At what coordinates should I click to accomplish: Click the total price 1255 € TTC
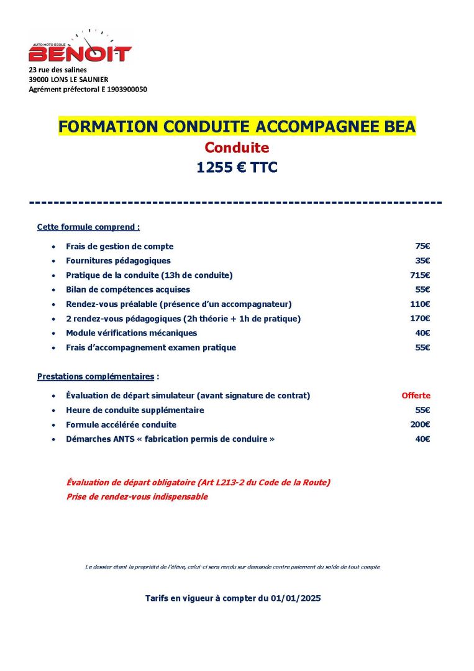coord(237,168)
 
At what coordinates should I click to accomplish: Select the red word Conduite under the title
coord(237,148)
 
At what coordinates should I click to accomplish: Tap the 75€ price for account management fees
coord(422,247)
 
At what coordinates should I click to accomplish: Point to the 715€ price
coord(420,275)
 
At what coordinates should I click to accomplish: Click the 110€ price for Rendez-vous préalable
coord(420,304)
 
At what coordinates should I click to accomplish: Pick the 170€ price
coord(420,319)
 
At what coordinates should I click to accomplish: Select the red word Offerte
coord(416,396)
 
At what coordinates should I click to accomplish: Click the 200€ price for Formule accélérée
coord(420,425)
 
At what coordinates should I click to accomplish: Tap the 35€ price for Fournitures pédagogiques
coord(422,261)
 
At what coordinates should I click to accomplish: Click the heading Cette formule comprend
coord(88,227)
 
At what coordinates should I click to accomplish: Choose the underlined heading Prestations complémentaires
coord(96,377)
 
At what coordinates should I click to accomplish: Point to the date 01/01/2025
coord(296,598)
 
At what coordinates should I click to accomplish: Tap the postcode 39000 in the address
coord(39,80)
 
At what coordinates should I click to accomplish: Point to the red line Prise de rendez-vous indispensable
coord(137,497)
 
